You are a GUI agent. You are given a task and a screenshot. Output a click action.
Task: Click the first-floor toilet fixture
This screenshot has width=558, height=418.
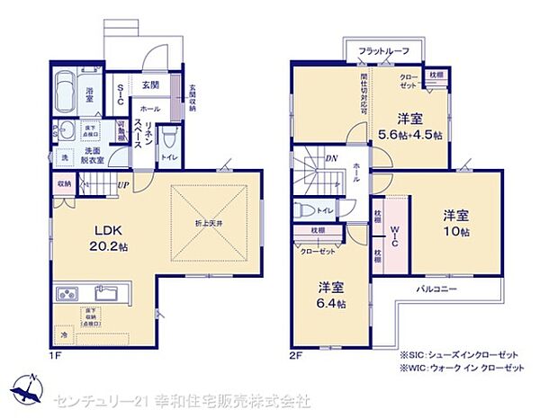pos(168,140)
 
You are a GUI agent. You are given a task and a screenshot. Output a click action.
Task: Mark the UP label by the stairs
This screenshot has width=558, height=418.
pos(122,187)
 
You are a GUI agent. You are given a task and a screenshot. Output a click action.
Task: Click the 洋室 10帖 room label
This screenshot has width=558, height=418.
pos(454,221)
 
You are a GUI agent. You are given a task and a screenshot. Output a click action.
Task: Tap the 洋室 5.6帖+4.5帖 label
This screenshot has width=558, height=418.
pos(411,127)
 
